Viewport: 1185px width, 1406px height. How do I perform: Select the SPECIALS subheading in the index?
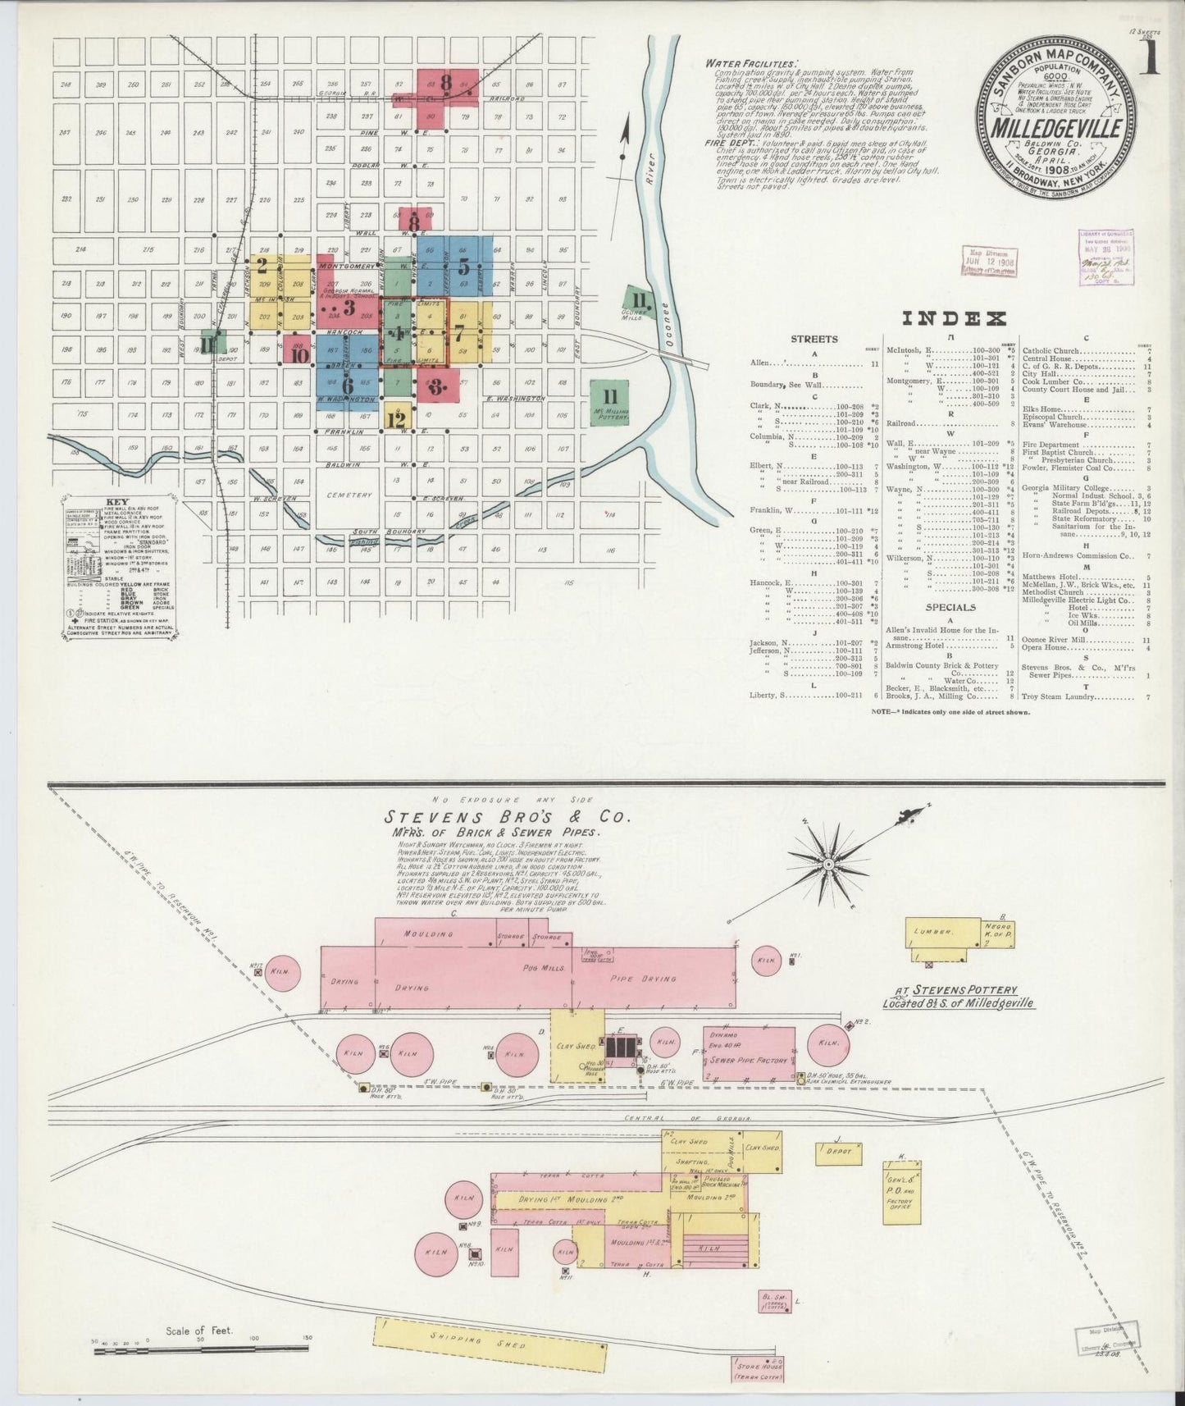(x=950, y=608)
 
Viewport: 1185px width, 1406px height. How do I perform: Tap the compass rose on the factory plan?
(x=828, y=864)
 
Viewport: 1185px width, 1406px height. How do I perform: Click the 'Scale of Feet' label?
(x=199, y=1331)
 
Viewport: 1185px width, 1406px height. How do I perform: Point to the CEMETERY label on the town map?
(x=349, y=495)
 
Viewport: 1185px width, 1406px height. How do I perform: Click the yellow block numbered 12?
(x=397, y=419)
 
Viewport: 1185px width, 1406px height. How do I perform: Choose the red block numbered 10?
(x=299, y=354)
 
